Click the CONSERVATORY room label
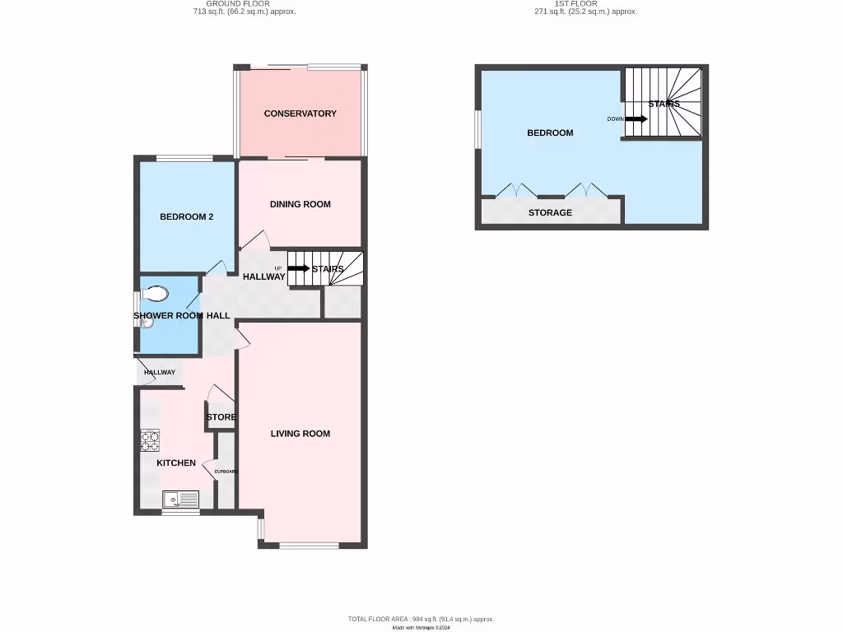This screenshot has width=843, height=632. (x=300, y=114)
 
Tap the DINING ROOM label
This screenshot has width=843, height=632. (x=300, y=204)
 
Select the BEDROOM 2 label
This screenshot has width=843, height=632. (x=186, y=217)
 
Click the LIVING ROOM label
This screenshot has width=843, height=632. (x=300, y=434)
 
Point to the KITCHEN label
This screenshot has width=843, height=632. (x=176, y=463)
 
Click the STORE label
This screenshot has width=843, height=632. (x=221, y=417)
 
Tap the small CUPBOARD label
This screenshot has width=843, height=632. (x=226, y=472)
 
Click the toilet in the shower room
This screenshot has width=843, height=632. (x=155, y=293)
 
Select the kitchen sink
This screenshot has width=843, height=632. (x=179, y=499)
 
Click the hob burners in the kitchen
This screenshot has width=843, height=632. (x=150, y=441)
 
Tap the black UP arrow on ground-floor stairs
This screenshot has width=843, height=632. (x=299, y=268)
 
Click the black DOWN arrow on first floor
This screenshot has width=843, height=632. (x=636, y=118)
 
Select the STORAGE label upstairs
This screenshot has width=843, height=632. (x=550, y=212)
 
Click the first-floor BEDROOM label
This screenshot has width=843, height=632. (x=550, y=132)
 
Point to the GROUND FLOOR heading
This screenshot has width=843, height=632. (x=238, y=4)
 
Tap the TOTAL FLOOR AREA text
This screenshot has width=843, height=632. (x=421, y=619)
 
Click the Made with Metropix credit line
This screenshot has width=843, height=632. (x=421, y=627)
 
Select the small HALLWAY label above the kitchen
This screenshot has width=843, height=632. (x=160, y=373)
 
